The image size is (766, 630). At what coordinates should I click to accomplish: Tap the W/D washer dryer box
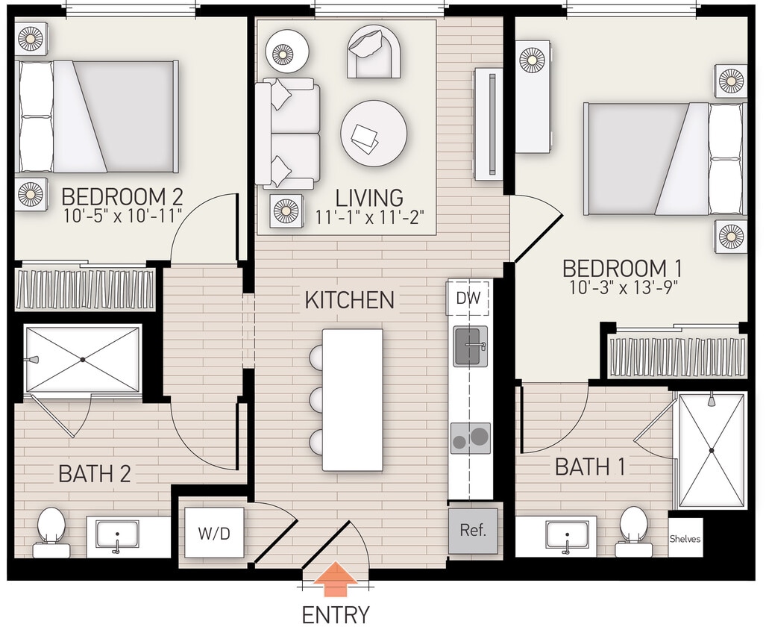tap(214, 532)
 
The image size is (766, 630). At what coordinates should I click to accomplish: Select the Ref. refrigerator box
tap(473, 531)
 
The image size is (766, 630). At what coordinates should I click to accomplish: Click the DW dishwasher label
tap(468, 299)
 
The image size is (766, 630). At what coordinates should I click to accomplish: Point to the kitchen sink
tap(471, 346)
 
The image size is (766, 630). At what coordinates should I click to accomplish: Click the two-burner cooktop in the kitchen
tap(471, 438)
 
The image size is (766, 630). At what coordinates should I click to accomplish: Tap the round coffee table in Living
tap(374, 134)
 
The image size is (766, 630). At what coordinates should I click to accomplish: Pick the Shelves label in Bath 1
tap(685, 539)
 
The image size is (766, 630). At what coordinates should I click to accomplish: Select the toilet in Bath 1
tap(633, 529)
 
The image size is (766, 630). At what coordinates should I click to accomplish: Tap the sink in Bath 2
tap(117, 536)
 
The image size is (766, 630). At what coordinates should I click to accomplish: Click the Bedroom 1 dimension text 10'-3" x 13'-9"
tap(622, 288)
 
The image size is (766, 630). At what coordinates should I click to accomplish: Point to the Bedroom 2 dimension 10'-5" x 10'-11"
tap(122, 217)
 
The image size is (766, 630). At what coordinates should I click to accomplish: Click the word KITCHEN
tap(349, 300)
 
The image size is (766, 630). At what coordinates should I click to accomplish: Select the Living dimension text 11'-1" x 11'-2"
tap(369, 217)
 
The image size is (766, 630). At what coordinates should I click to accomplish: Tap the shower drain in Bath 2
tap(83, 359)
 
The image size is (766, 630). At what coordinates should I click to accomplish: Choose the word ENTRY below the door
tap(336, 615)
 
